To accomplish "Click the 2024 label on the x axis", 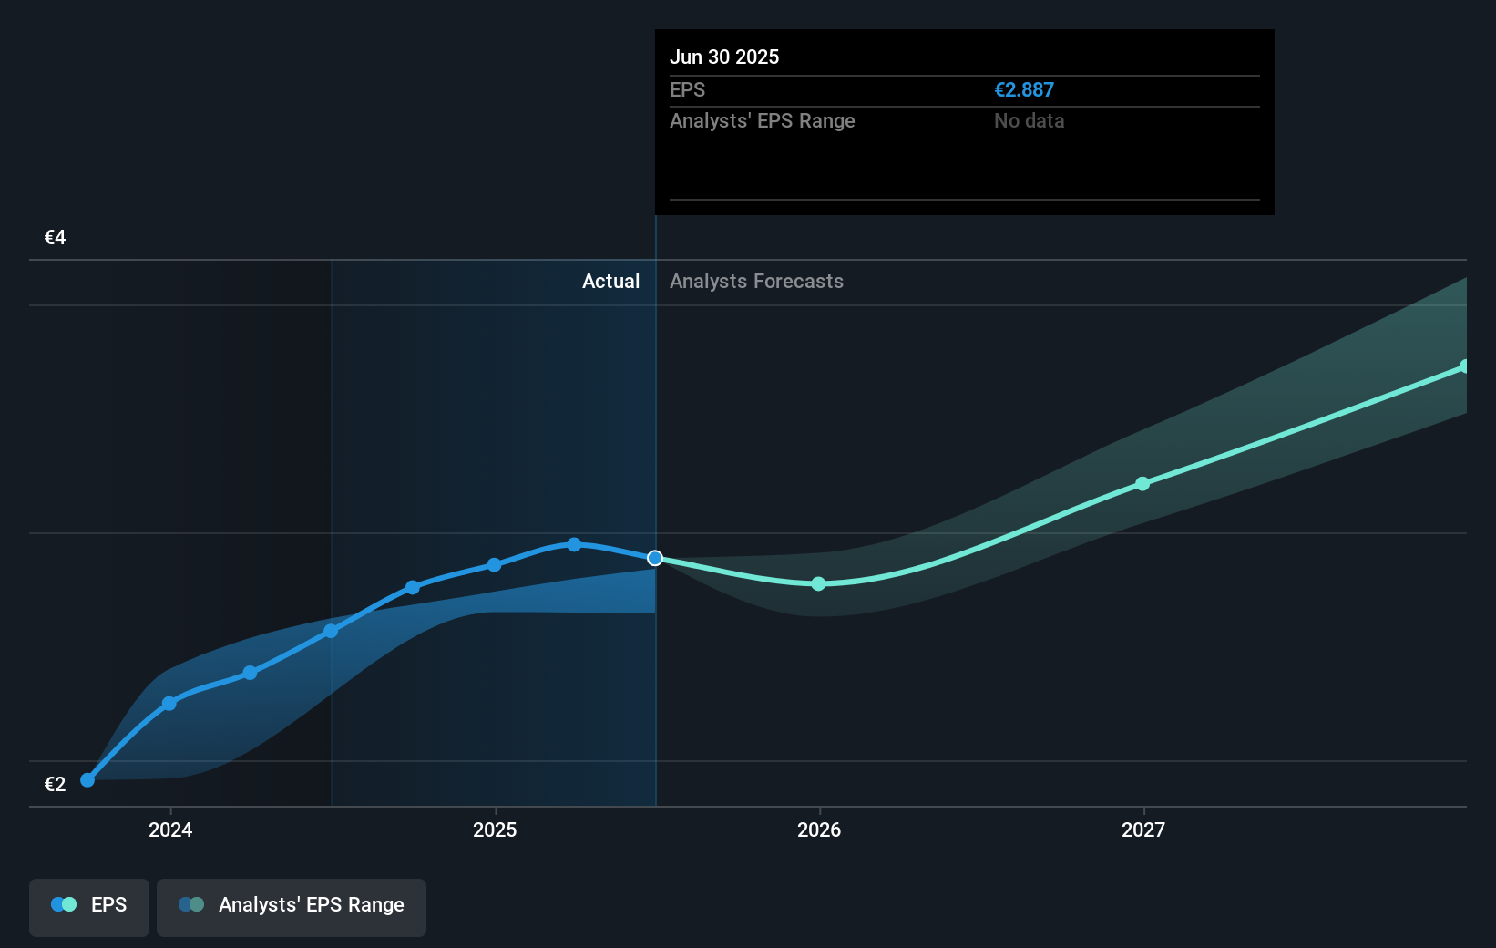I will (x=170, y=829).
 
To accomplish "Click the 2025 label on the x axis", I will (x=495, y=829).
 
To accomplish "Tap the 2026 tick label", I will (x=819, y=829).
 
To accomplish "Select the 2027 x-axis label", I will (x=1143, y=829).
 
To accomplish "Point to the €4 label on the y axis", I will (x=55, y=238).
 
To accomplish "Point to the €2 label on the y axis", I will (x=55, y=785).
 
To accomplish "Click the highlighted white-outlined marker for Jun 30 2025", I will (x=655, y=558).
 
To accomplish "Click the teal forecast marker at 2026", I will (x=818, y=583).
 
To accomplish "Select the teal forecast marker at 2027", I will (x=1142, y=484).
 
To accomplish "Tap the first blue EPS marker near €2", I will (x=87, y=780).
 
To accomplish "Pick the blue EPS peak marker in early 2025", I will (x=574, y=544).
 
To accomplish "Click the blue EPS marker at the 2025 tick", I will (x=494, y=565).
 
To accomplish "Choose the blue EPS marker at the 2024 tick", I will (x=169, y=704).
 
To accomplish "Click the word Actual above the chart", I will (x=610, y=282).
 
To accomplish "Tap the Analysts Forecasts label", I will (x=756, y=282).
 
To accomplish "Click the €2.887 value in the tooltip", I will (x=1023, y=90).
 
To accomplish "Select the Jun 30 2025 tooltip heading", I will (x=724, y=57).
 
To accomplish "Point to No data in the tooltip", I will (x=1029, y=121).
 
